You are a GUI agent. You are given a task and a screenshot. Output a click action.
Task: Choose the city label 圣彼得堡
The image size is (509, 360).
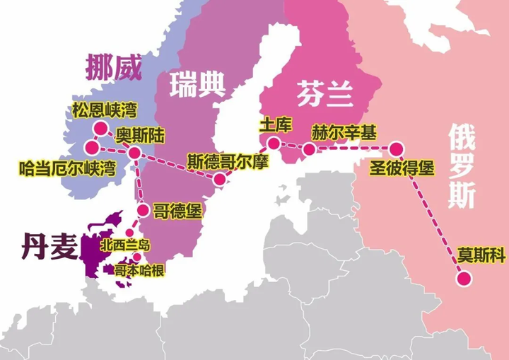tap(402, 168)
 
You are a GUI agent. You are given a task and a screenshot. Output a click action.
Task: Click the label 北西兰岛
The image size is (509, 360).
tap(127, 245)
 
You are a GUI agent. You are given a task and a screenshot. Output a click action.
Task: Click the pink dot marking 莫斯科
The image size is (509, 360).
tap(464, 279)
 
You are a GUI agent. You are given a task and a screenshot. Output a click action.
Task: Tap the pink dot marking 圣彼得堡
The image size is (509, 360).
tap(396, 149)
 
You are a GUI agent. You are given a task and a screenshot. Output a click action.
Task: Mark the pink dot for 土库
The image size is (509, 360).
tap(272, 143)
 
